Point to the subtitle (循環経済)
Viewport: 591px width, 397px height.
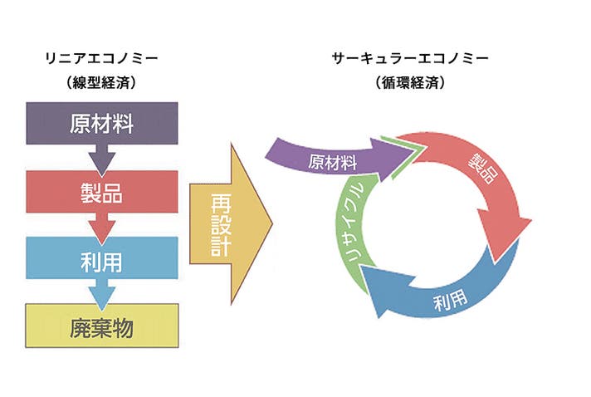click(409, 83)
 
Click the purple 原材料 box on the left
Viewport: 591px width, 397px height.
click(102, 124)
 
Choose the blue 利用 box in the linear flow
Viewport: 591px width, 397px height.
click(102, 260)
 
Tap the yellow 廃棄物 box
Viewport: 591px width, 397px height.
click(102, 326)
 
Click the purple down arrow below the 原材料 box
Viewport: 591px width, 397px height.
click(104, 158)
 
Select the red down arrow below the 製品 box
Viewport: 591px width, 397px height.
click(104, 226)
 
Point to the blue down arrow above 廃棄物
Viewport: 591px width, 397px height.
click(104, 292)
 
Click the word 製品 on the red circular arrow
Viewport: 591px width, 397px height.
click(483, 174)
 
